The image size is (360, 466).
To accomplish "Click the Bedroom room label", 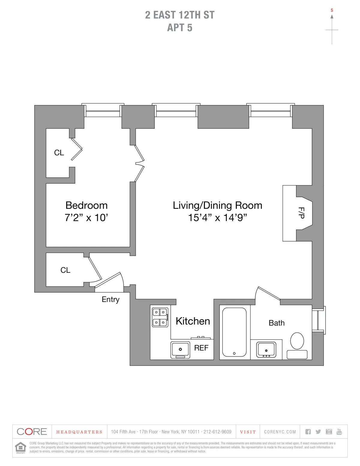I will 86,206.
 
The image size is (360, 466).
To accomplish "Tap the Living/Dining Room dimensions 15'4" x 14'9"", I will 217,218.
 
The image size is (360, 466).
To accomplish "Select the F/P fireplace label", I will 301,213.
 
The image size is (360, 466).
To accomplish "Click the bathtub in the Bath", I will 234,332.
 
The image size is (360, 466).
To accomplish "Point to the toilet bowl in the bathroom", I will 297,341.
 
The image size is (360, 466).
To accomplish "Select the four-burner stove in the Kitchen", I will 160,317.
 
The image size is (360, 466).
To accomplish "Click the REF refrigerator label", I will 201,348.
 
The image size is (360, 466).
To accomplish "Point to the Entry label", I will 110,299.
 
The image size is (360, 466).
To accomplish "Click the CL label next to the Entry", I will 65,270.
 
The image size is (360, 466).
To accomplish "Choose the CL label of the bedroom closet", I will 59,153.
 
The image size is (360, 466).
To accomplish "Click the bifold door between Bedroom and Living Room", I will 139,164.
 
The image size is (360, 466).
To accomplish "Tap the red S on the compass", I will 332,10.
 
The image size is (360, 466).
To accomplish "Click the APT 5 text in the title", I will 180,28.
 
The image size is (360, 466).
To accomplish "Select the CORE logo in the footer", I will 32,432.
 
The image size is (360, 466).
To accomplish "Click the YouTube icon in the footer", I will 339,431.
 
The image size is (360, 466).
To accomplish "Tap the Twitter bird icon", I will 318,432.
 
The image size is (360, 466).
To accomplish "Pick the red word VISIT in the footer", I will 248,432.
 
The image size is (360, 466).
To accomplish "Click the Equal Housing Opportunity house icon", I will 20,447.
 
